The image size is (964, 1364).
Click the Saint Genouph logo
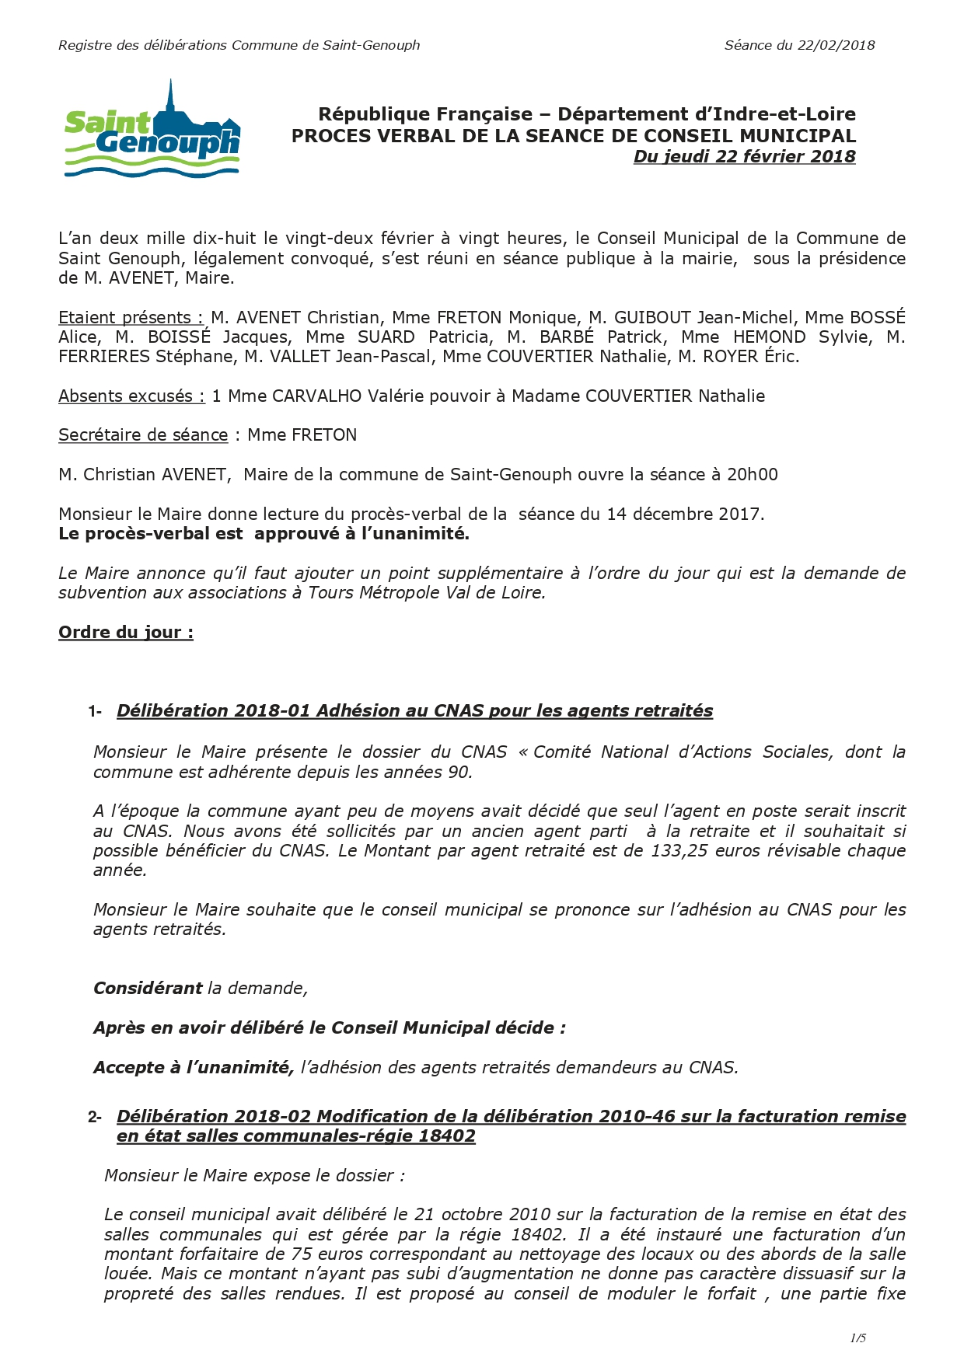pyautogui.click(x=152, y=131)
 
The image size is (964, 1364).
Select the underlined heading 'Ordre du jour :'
pyautogui.click(x=126, y=632)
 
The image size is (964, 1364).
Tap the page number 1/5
pyautogui.click(x=857, y=1338)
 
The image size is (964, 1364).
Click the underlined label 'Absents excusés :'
pyautogui.click(x=131, y=396)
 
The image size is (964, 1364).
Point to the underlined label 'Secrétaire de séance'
pyautogui.click(x=143, y=435)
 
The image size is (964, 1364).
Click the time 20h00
pyautogui.click(x=752, y=475)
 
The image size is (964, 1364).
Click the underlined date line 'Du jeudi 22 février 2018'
pyautogui.click(x=744, y=156)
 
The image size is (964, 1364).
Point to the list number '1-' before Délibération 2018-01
pyautogui.click(x=95, y=711)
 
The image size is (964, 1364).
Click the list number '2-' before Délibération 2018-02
pyautogui.click(x=95, y=1117)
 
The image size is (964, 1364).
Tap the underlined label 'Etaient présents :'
pyautogui.click(x=131, y=317)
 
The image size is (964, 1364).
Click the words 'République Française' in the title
pyautogui.click(x=425, y=114)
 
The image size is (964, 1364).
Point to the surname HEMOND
pyautogui.click(x=769, y=337)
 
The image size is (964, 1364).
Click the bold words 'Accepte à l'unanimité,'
pyautogui.click(x=194, y=1067)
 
